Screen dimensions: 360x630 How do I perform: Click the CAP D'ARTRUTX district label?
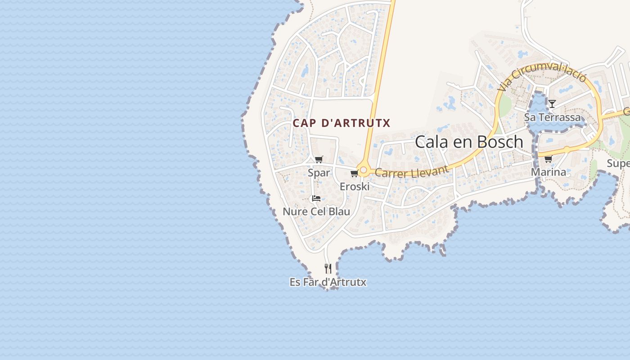click(x=341, y=123)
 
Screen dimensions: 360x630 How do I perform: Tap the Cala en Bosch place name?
click(x=468, y=142)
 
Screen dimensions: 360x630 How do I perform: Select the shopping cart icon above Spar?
click(x=319, y=159)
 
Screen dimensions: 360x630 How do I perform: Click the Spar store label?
click(x=319, y=173)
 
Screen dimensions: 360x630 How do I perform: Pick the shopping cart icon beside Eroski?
click(x=354, y=173)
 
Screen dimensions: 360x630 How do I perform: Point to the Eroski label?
click(x=354, y=186)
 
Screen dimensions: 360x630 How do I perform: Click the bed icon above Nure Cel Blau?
click(x=316, y=198)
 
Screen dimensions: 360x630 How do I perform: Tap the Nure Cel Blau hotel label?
click(x=316, y=211)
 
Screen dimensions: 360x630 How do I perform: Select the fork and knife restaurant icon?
click(x=328, y=269)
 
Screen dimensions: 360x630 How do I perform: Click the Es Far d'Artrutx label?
click(x=328, y=283)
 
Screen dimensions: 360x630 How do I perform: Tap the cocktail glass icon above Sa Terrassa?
click(x=552, y=104)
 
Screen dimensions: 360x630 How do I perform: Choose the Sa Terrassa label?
click(x=552, y=117)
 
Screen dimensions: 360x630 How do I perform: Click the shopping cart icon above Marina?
click(x=548, y=159)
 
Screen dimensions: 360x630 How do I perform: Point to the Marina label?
click(x=549, y=172)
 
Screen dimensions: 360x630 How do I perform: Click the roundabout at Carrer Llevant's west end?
click(x=364, y=171)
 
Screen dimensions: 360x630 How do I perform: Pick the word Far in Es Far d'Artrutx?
click(x=311, y=283)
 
